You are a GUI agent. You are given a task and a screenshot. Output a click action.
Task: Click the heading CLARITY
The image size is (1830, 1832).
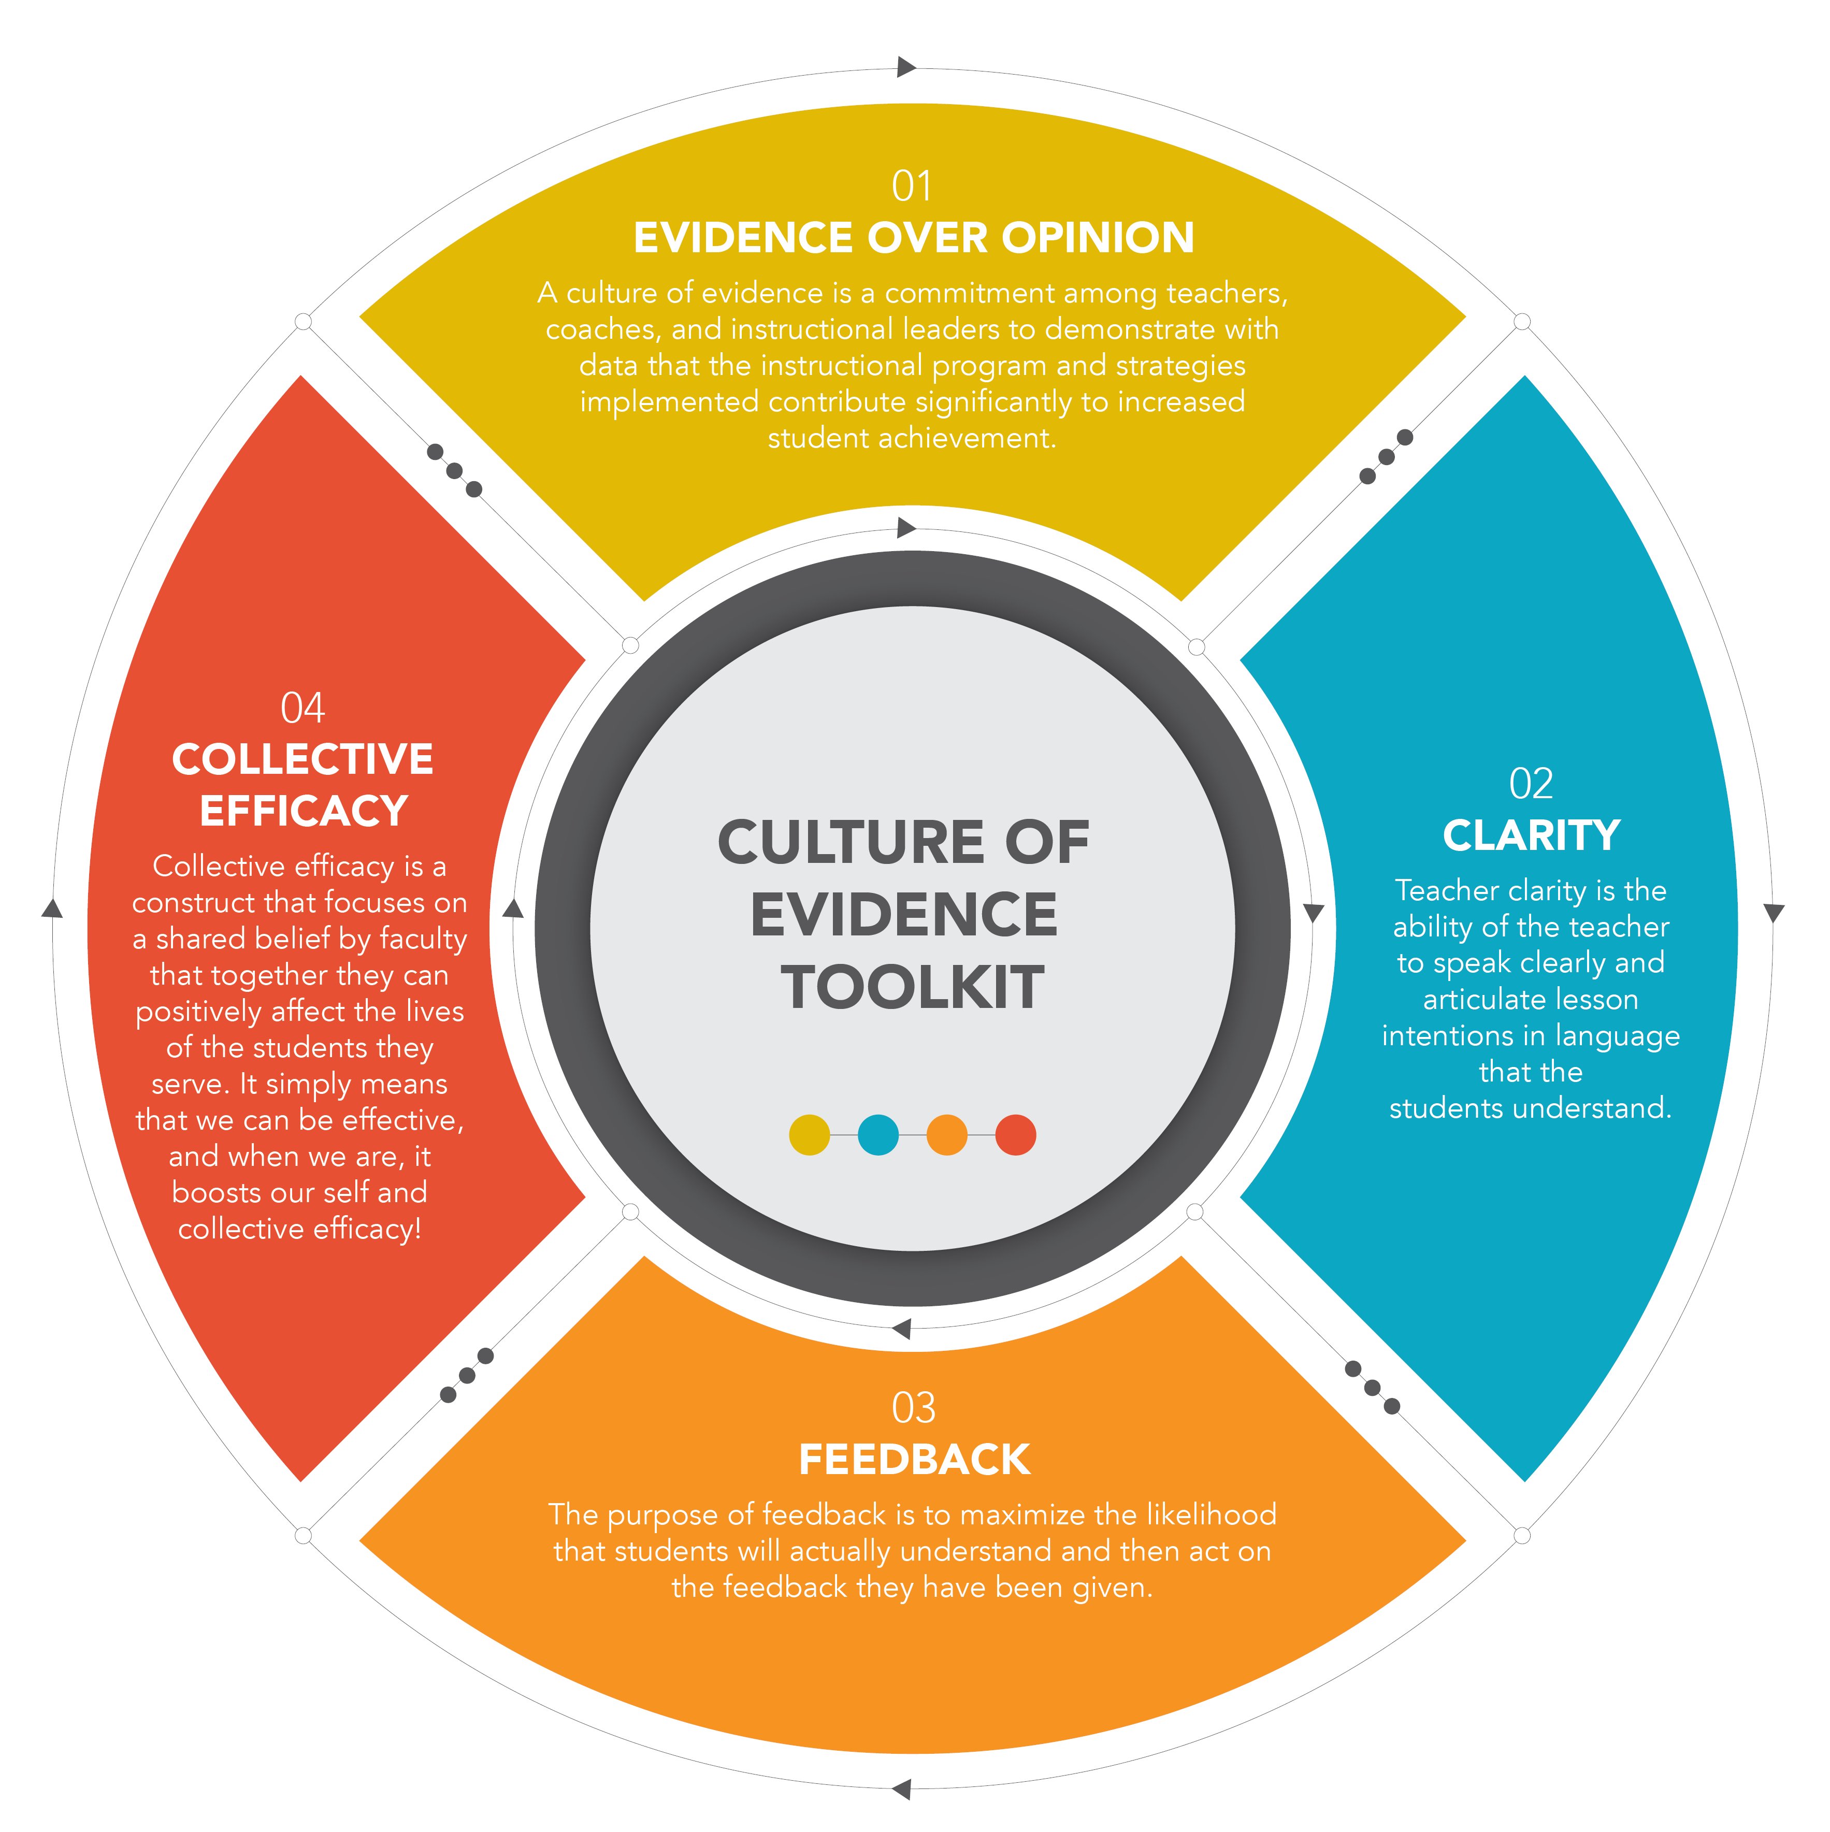(x=1531, y=835)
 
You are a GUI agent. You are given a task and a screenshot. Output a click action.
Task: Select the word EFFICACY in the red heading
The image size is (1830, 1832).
(x=304, y=811)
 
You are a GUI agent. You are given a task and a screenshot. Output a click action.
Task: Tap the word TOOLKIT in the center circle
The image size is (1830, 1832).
(x=912, y=987)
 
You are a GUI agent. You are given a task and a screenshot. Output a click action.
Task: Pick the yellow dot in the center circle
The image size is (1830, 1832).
(x=809, y=1135)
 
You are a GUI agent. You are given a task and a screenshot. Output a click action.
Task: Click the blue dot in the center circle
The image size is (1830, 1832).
(x=878, y=1135)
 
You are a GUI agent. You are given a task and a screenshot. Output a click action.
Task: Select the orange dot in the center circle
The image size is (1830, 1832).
(x=946, y=1135)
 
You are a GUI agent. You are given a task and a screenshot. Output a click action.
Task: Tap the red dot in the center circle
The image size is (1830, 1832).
(x=1016, y=1135)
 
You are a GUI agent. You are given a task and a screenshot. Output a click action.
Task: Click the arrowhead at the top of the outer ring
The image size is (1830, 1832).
(x=905, y=67)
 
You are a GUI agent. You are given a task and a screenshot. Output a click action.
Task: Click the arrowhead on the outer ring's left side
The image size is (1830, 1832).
(x=52, y=908)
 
